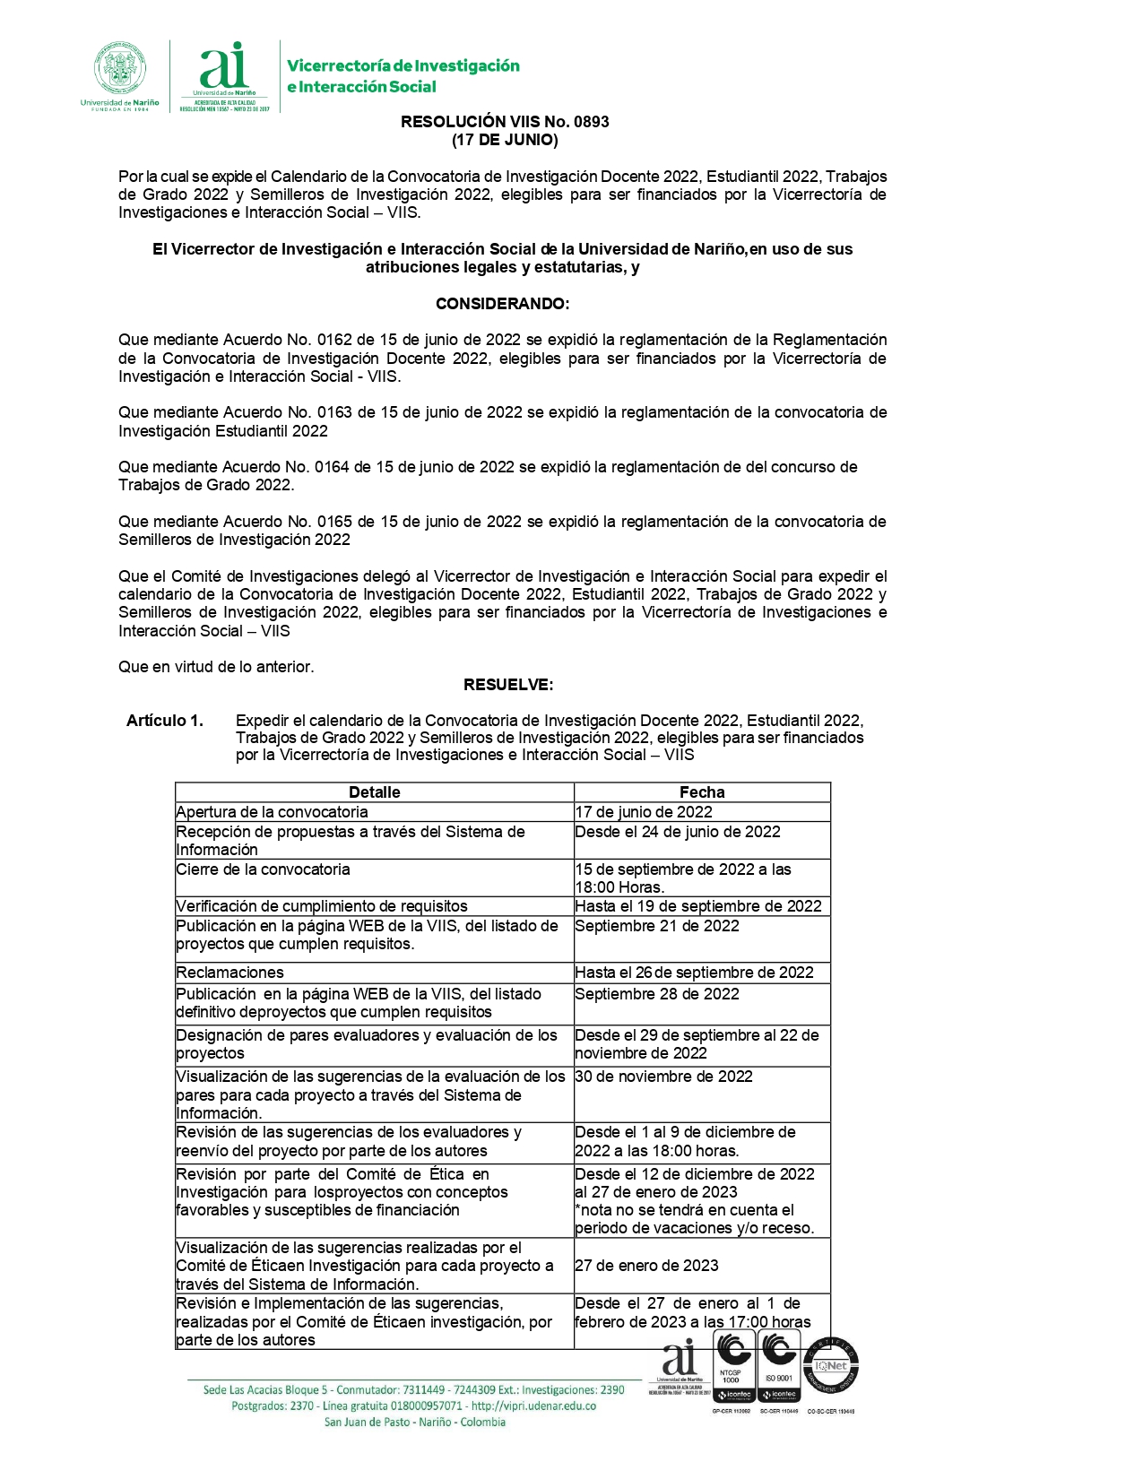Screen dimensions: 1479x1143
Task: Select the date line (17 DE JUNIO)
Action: click(505, 140)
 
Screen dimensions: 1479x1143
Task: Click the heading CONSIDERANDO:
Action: click(502, 304)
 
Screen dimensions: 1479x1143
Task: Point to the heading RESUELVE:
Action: click(508, 685)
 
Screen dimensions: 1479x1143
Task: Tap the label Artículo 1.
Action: click(165, 721)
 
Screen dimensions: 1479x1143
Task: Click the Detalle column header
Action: click(374, 792)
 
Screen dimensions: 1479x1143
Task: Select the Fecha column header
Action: click(702, 792)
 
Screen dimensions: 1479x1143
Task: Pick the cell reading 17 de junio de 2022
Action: click(644, 812)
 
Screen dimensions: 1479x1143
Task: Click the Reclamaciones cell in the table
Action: click(230, 973)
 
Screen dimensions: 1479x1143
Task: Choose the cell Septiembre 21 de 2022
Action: click(657, 926)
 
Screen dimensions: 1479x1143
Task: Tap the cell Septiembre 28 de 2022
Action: click(657, 994)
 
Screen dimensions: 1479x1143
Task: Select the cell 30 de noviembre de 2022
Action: click(663, 1077)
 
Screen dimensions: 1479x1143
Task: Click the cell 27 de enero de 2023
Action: click(646, 1266)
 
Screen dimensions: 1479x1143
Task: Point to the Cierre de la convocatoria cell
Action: click(264, 869)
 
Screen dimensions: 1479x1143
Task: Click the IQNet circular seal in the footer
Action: click(831, 1367)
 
